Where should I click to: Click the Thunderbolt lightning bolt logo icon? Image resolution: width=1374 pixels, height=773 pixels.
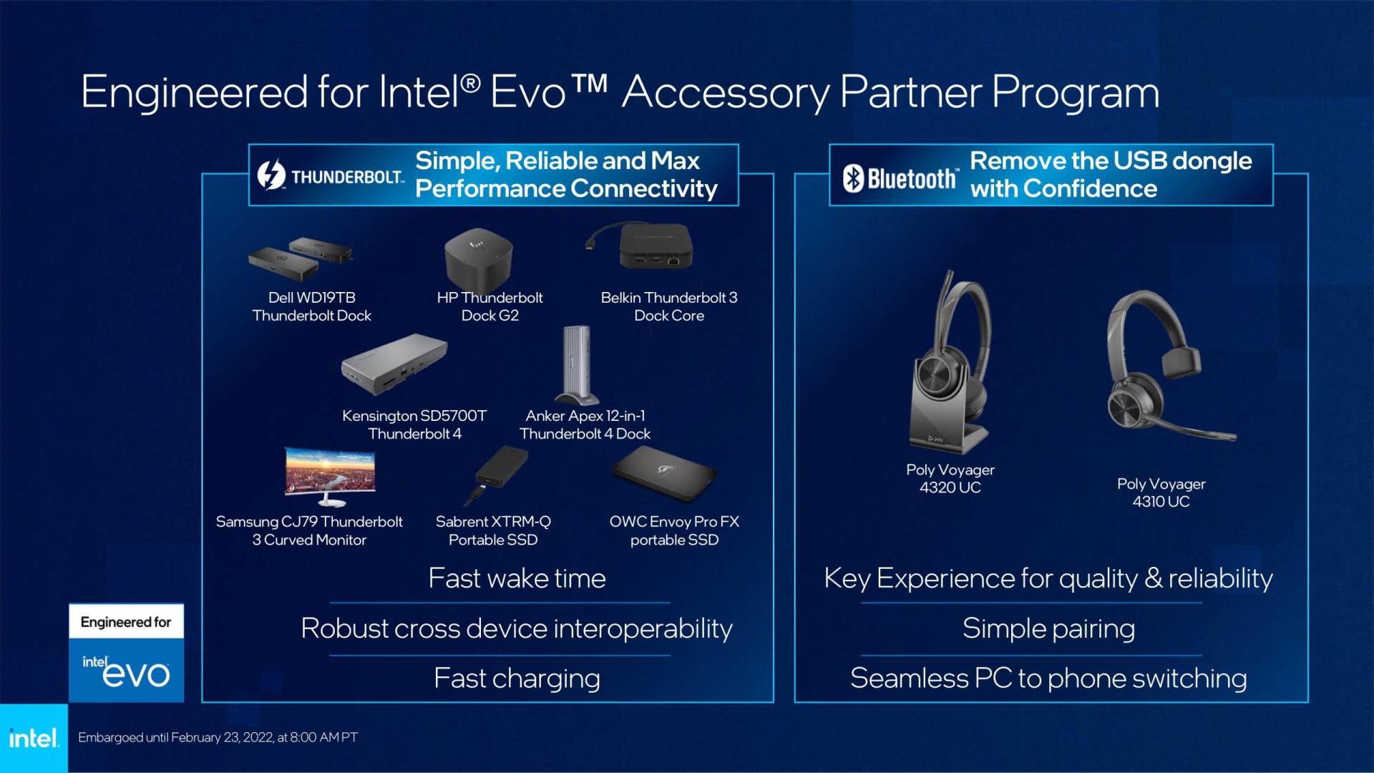[271, 175]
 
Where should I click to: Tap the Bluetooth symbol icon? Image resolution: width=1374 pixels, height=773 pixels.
[853, 178]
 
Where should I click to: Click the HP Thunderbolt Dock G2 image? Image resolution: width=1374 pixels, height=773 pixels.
[478, 258]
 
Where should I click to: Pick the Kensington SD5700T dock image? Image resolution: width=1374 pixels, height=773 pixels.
[394, 364]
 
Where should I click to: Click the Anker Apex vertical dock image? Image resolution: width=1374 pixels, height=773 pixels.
[577, 366]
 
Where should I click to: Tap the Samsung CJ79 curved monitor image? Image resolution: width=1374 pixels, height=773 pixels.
[329, 475]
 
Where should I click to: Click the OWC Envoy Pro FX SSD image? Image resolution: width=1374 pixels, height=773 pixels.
[664, 474]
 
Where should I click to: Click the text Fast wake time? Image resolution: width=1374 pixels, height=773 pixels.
[517, 578]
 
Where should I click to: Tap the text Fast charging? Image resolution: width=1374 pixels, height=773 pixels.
[517, 679]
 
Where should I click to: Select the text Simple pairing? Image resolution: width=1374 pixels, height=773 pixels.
[1048, 628]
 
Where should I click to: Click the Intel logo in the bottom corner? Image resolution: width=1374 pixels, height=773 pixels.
[34, 738]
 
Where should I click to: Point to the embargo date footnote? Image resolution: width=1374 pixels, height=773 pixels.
[218, 737]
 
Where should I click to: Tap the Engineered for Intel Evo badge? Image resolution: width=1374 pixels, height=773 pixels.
[126, 653]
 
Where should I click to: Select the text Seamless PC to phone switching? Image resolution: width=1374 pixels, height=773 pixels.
[1048, 679]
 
